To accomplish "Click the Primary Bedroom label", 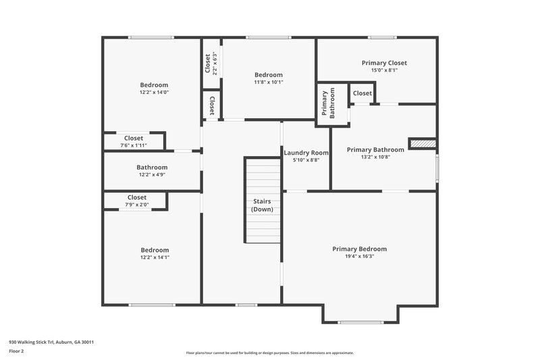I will [x=359, y=249].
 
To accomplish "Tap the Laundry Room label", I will [x=306, y=153].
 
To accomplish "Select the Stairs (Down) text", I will [x=262, y=205].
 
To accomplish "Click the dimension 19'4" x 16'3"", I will [x=359, y=257].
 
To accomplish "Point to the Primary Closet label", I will [x=384, y=63].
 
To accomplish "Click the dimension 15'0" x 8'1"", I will [x=384, y=70].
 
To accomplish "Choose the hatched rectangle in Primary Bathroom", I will [x=423, y=143].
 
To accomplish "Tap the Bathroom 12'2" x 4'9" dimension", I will [x=152, y=175].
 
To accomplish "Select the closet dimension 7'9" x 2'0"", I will [x=136, y=205].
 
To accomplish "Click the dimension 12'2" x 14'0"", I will [x=154, y=93].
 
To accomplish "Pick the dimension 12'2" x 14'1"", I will [x=154, y=257].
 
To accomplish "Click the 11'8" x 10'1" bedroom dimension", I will [x=268, y=82].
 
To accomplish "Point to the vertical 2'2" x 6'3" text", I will [x=215, y=63].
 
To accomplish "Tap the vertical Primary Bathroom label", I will [x=327, y=104].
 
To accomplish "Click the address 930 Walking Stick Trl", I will [x=51, y=342].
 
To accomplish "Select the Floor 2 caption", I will [x=16, y=351].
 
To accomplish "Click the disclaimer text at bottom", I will [x=269, y=353].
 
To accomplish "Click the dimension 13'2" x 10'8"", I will [x=375, y=157].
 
